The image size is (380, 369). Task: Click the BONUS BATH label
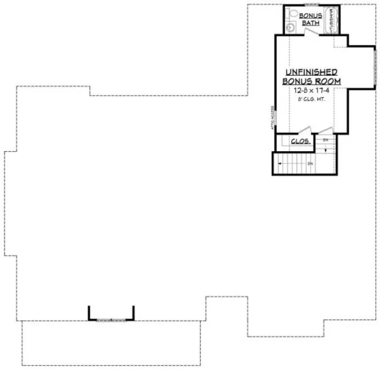[310, 19]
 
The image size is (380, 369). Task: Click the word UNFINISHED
[311, 73]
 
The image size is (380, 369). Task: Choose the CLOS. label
[300, 141]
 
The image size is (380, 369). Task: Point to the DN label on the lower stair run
[311, 163]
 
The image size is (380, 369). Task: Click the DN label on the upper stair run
[326, 139]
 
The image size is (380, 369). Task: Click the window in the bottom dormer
[111, 320]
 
